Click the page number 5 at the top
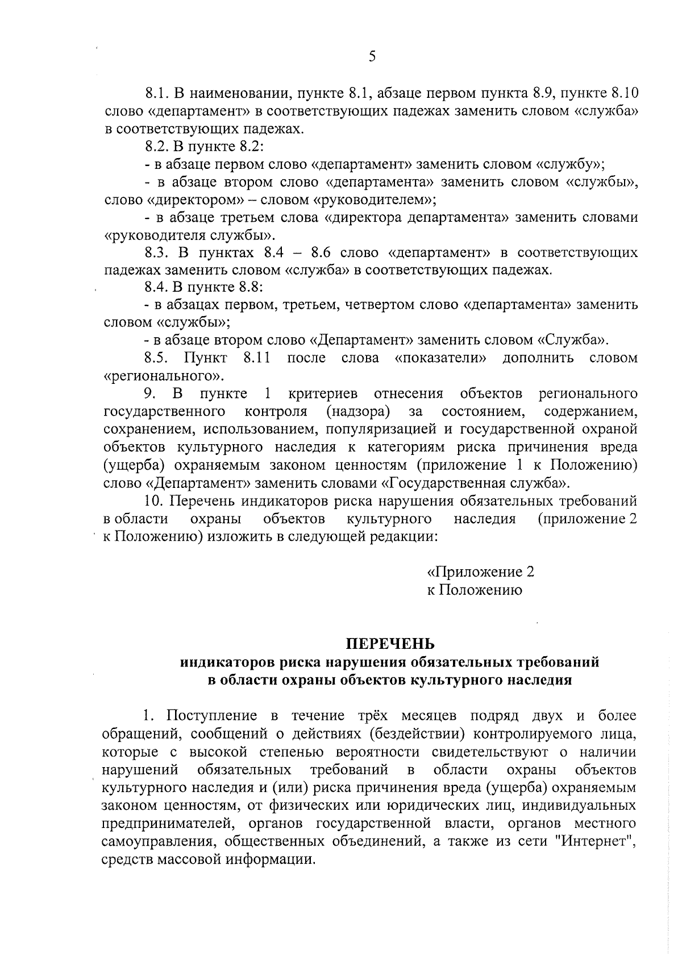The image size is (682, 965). (x=372, y=56)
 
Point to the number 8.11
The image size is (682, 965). (x=256, y=358)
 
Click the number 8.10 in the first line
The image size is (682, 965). (x=621, y=93)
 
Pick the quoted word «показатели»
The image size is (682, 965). (x=441, y=358)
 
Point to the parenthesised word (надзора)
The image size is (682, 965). (x=358, y=411)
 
